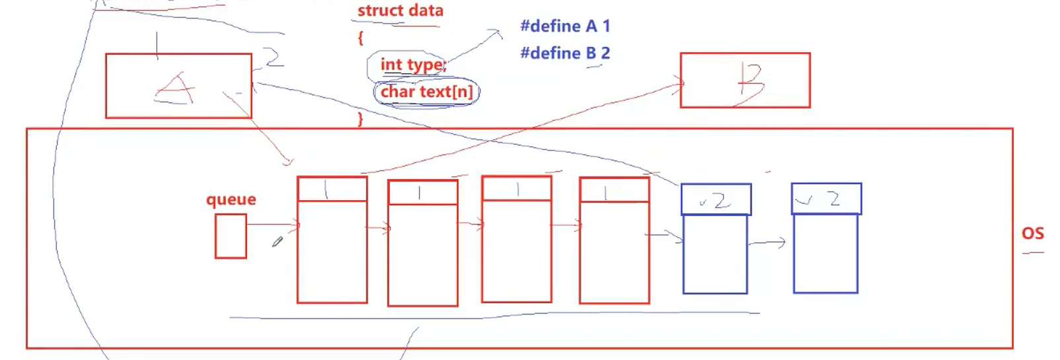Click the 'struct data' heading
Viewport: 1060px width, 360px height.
(x=400, y=11)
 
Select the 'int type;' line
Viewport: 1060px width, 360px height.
(x=413, y=65)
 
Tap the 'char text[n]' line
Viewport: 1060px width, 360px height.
(x=427, y=92)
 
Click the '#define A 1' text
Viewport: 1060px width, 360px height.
(x=565, y=26)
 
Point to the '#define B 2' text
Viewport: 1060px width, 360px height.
(x=565, y=53)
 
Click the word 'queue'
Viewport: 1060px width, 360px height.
(x=231, y=199)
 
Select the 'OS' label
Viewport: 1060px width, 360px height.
(x=1032, y=233)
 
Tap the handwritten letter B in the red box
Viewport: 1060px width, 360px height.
(x=750, y=85)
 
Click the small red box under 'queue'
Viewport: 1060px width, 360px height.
(x=231, y=236)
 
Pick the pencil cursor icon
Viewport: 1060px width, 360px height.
(x=278, y=242)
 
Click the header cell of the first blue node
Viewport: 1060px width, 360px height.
(x=716, y=199)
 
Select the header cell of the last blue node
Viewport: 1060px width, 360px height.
(x=826, y=198)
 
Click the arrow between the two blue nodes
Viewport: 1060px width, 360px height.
(x=767, y=243)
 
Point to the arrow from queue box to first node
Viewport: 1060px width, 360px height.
(x=272, y=225)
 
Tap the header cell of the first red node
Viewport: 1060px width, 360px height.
(x=332, y=190)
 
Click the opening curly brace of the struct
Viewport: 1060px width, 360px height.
(x=361, y=38)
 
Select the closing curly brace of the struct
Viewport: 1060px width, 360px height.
(x=360, y=119)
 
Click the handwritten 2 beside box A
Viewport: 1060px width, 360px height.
(x=274, y=58)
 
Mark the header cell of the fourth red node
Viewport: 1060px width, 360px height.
(x=614, y=190)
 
